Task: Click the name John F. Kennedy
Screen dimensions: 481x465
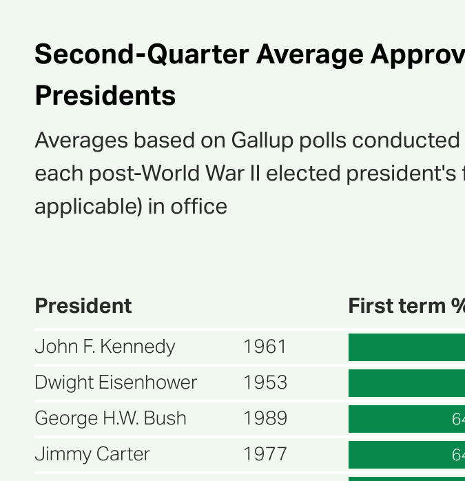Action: pyautogui.click(x=105, y=346)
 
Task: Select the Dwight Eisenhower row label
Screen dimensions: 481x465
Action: pyautogui.click(x=116, y=382)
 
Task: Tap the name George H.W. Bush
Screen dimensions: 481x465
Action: pyautogui.click(x=110, y=418)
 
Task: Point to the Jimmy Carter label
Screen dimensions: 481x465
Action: pyautogui.click(x=92, y=454)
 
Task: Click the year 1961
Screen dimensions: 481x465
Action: pyautogui.click(x=265, y=346)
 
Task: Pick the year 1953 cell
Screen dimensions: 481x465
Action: pyautogui.click(x=265, y=382)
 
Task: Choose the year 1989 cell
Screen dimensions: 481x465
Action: pyautogui.click(x=265, y=418)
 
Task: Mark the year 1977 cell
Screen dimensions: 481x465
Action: pyautogui.click(x=265, y=454)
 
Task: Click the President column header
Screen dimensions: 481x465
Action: pyautogui.click(x=83, y=305)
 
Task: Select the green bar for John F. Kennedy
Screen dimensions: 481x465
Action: pyautogui.click(x=406, y=347)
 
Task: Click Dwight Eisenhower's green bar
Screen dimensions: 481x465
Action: pyautogui.click(x=406, y=383)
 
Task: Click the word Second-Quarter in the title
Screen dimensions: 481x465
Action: pyautogui.click(x=141, y=54)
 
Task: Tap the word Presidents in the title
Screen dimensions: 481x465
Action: pyautogui.click(x=105, y=96)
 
